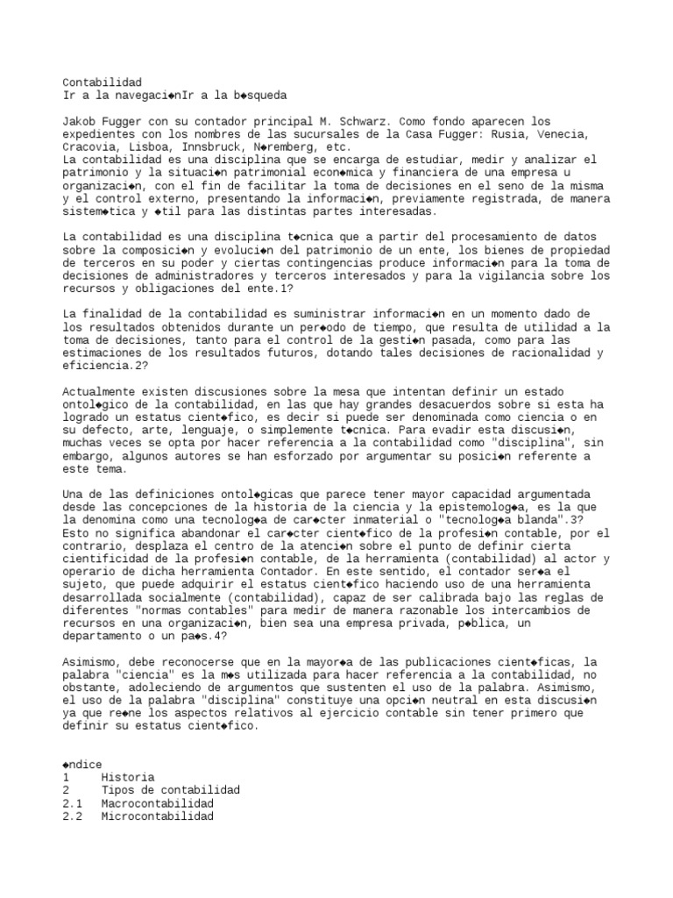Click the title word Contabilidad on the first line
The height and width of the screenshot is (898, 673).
tap(102, 82)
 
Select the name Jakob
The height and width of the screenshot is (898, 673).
tap(81, 121)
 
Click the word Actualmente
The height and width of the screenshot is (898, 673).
tap(98, 391)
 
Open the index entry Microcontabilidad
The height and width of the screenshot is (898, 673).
tap(158, 816)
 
